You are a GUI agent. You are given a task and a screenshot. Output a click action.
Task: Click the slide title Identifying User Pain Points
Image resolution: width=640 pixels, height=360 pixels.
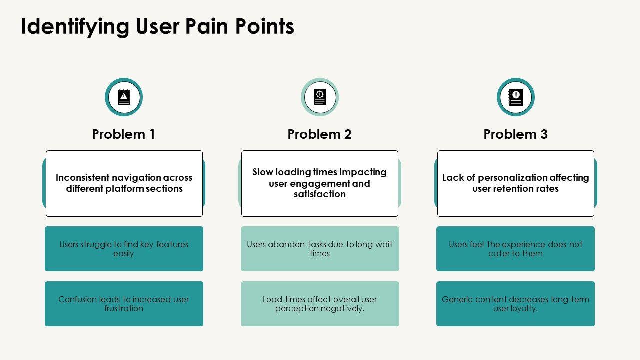tap(157, 26)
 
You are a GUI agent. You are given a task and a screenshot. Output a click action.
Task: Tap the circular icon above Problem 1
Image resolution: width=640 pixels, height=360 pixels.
tap(124, 97)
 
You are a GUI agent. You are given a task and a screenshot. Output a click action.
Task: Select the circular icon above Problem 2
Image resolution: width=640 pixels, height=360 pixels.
tap(320, 97)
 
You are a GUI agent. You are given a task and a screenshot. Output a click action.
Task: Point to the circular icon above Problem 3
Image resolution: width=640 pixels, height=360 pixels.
tap(516, 97)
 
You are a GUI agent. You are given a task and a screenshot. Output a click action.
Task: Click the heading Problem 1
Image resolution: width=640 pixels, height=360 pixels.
tap(124, 134)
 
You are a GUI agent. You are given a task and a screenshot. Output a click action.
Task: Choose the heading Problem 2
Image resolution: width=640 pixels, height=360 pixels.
tap(320, 134)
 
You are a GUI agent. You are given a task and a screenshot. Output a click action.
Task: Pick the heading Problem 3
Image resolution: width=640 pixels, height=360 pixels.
tap(516, 134)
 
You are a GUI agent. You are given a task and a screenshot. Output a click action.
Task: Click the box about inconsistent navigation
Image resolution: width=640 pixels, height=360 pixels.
tap(124, 183)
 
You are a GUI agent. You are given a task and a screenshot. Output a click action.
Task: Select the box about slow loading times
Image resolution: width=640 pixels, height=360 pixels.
tap(320, 183)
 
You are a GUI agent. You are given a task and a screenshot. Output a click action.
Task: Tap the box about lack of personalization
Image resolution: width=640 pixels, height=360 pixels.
tap(516, 183)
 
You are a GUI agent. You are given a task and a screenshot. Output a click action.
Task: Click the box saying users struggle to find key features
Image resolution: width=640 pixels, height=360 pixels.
tap(124, 249)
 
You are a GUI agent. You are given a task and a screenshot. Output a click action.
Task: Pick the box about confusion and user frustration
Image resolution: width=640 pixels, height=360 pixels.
tap(124, 304)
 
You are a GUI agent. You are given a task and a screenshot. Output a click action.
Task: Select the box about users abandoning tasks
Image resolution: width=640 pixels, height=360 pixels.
tap(320, 249)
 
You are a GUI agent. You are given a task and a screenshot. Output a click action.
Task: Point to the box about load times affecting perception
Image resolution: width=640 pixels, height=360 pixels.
tap(320, 304)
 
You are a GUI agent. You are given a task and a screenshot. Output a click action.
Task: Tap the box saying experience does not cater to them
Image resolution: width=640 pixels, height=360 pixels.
tap(515, 249)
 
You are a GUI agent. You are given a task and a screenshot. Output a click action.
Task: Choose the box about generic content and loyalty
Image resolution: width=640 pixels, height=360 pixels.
tap(515, 304)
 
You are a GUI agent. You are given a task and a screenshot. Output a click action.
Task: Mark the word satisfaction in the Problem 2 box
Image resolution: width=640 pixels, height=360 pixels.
tap(320, 194)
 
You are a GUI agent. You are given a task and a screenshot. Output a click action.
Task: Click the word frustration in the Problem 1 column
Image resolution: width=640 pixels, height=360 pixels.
tap(124, 309)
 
